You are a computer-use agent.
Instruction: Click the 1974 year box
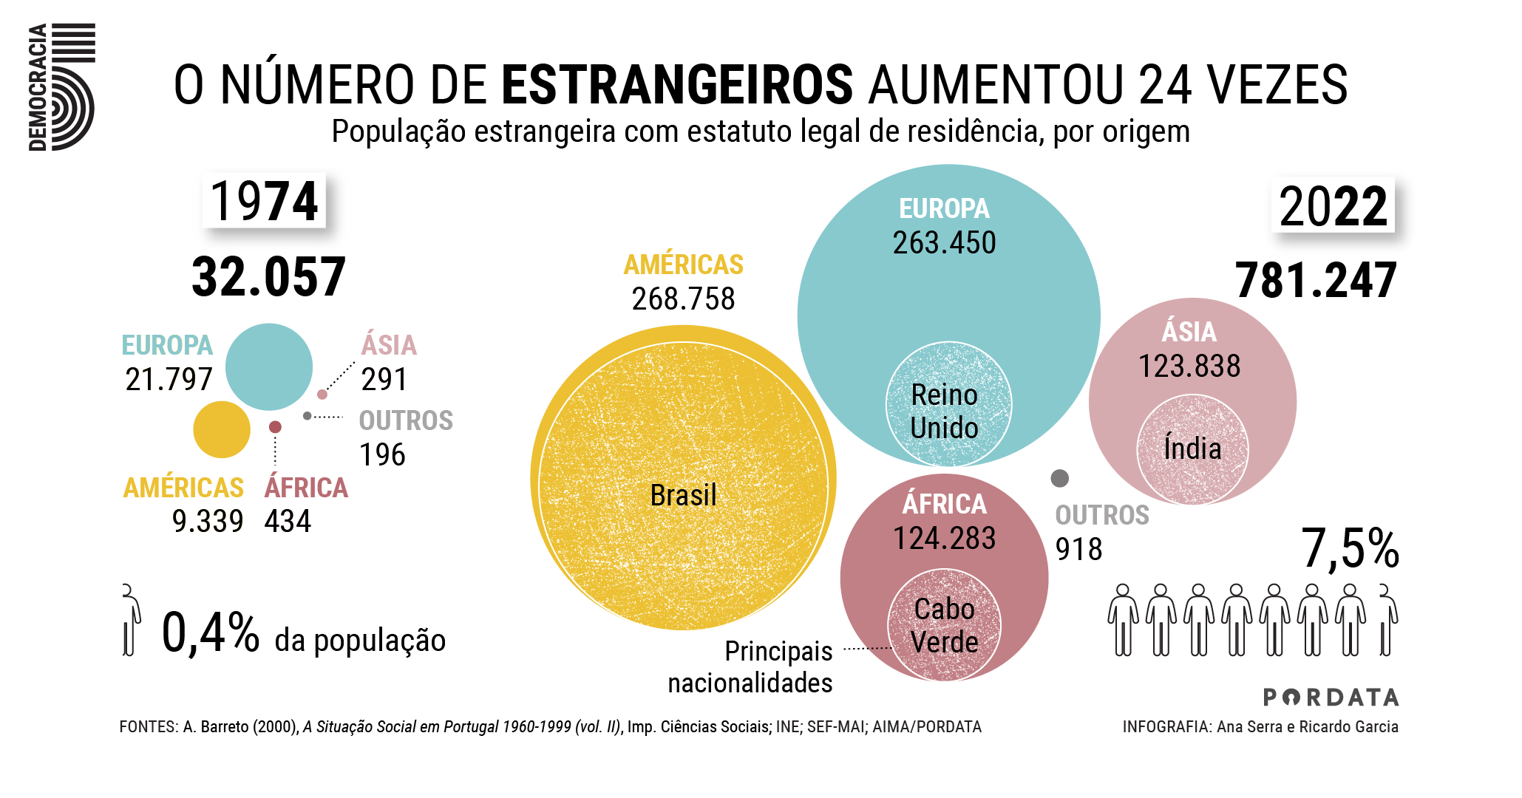[264, 201]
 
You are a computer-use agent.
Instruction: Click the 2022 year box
[1333, 206]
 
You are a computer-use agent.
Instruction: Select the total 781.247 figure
[1316, 281]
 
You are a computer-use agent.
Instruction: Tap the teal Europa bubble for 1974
[269, 366]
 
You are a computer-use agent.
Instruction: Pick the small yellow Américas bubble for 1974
[222, 429]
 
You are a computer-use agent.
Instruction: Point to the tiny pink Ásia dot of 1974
[322, 395]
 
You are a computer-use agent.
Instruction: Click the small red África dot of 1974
[275, 427]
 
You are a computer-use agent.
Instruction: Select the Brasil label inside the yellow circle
[683, 495]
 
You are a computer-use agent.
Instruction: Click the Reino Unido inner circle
[948, 404]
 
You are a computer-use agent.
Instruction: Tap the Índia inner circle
[1192, 449]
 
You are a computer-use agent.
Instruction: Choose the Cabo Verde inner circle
[944, 624]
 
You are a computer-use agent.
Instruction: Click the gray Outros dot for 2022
[1060, 478]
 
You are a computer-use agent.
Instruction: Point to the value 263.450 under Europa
[944, 243]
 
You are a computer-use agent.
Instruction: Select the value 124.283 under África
[944, 539]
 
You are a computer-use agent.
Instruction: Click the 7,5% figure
[1350, 549]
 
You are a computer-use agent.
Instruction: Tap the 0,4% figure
[210, 633]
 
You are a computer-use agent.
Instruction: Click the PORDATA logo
[1331, 698]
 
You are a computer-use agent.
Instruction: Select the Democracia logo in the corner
[62, 87]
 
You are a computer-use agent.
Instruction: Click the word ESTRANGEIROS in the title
[677, 85]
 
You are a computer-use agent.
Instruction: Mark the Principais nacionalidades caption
[750, 667]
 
